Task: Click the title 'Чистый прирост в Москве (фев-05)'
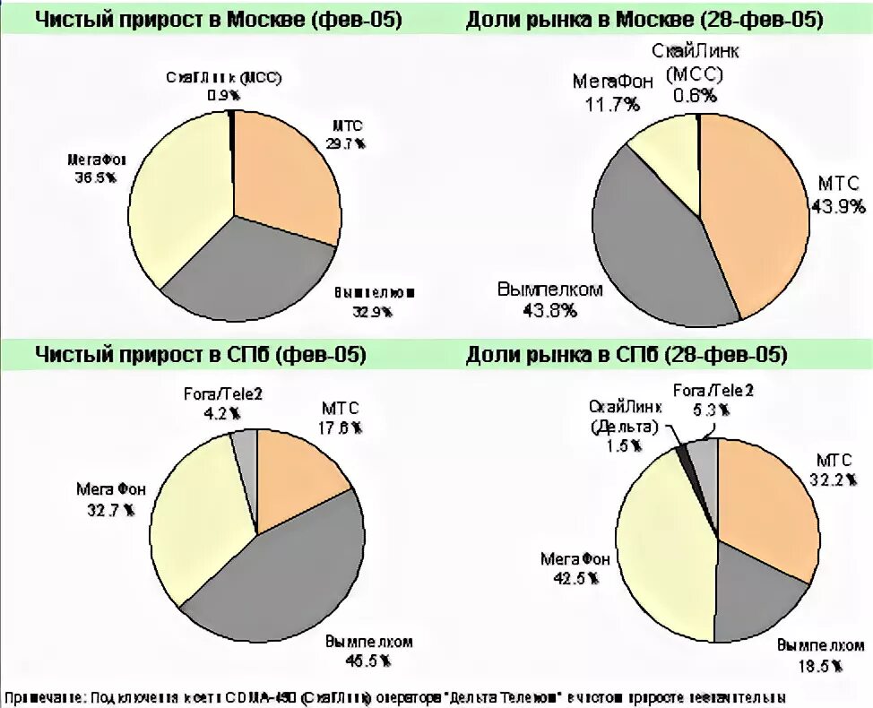[218, 20]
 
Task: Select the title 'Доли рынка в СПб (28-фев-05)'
[627, 356]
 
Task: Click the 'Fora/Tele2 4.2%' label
[220, 402]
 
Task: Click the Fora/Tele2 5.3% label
[713, 399]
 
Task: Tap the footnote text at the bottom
[394, 696]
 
